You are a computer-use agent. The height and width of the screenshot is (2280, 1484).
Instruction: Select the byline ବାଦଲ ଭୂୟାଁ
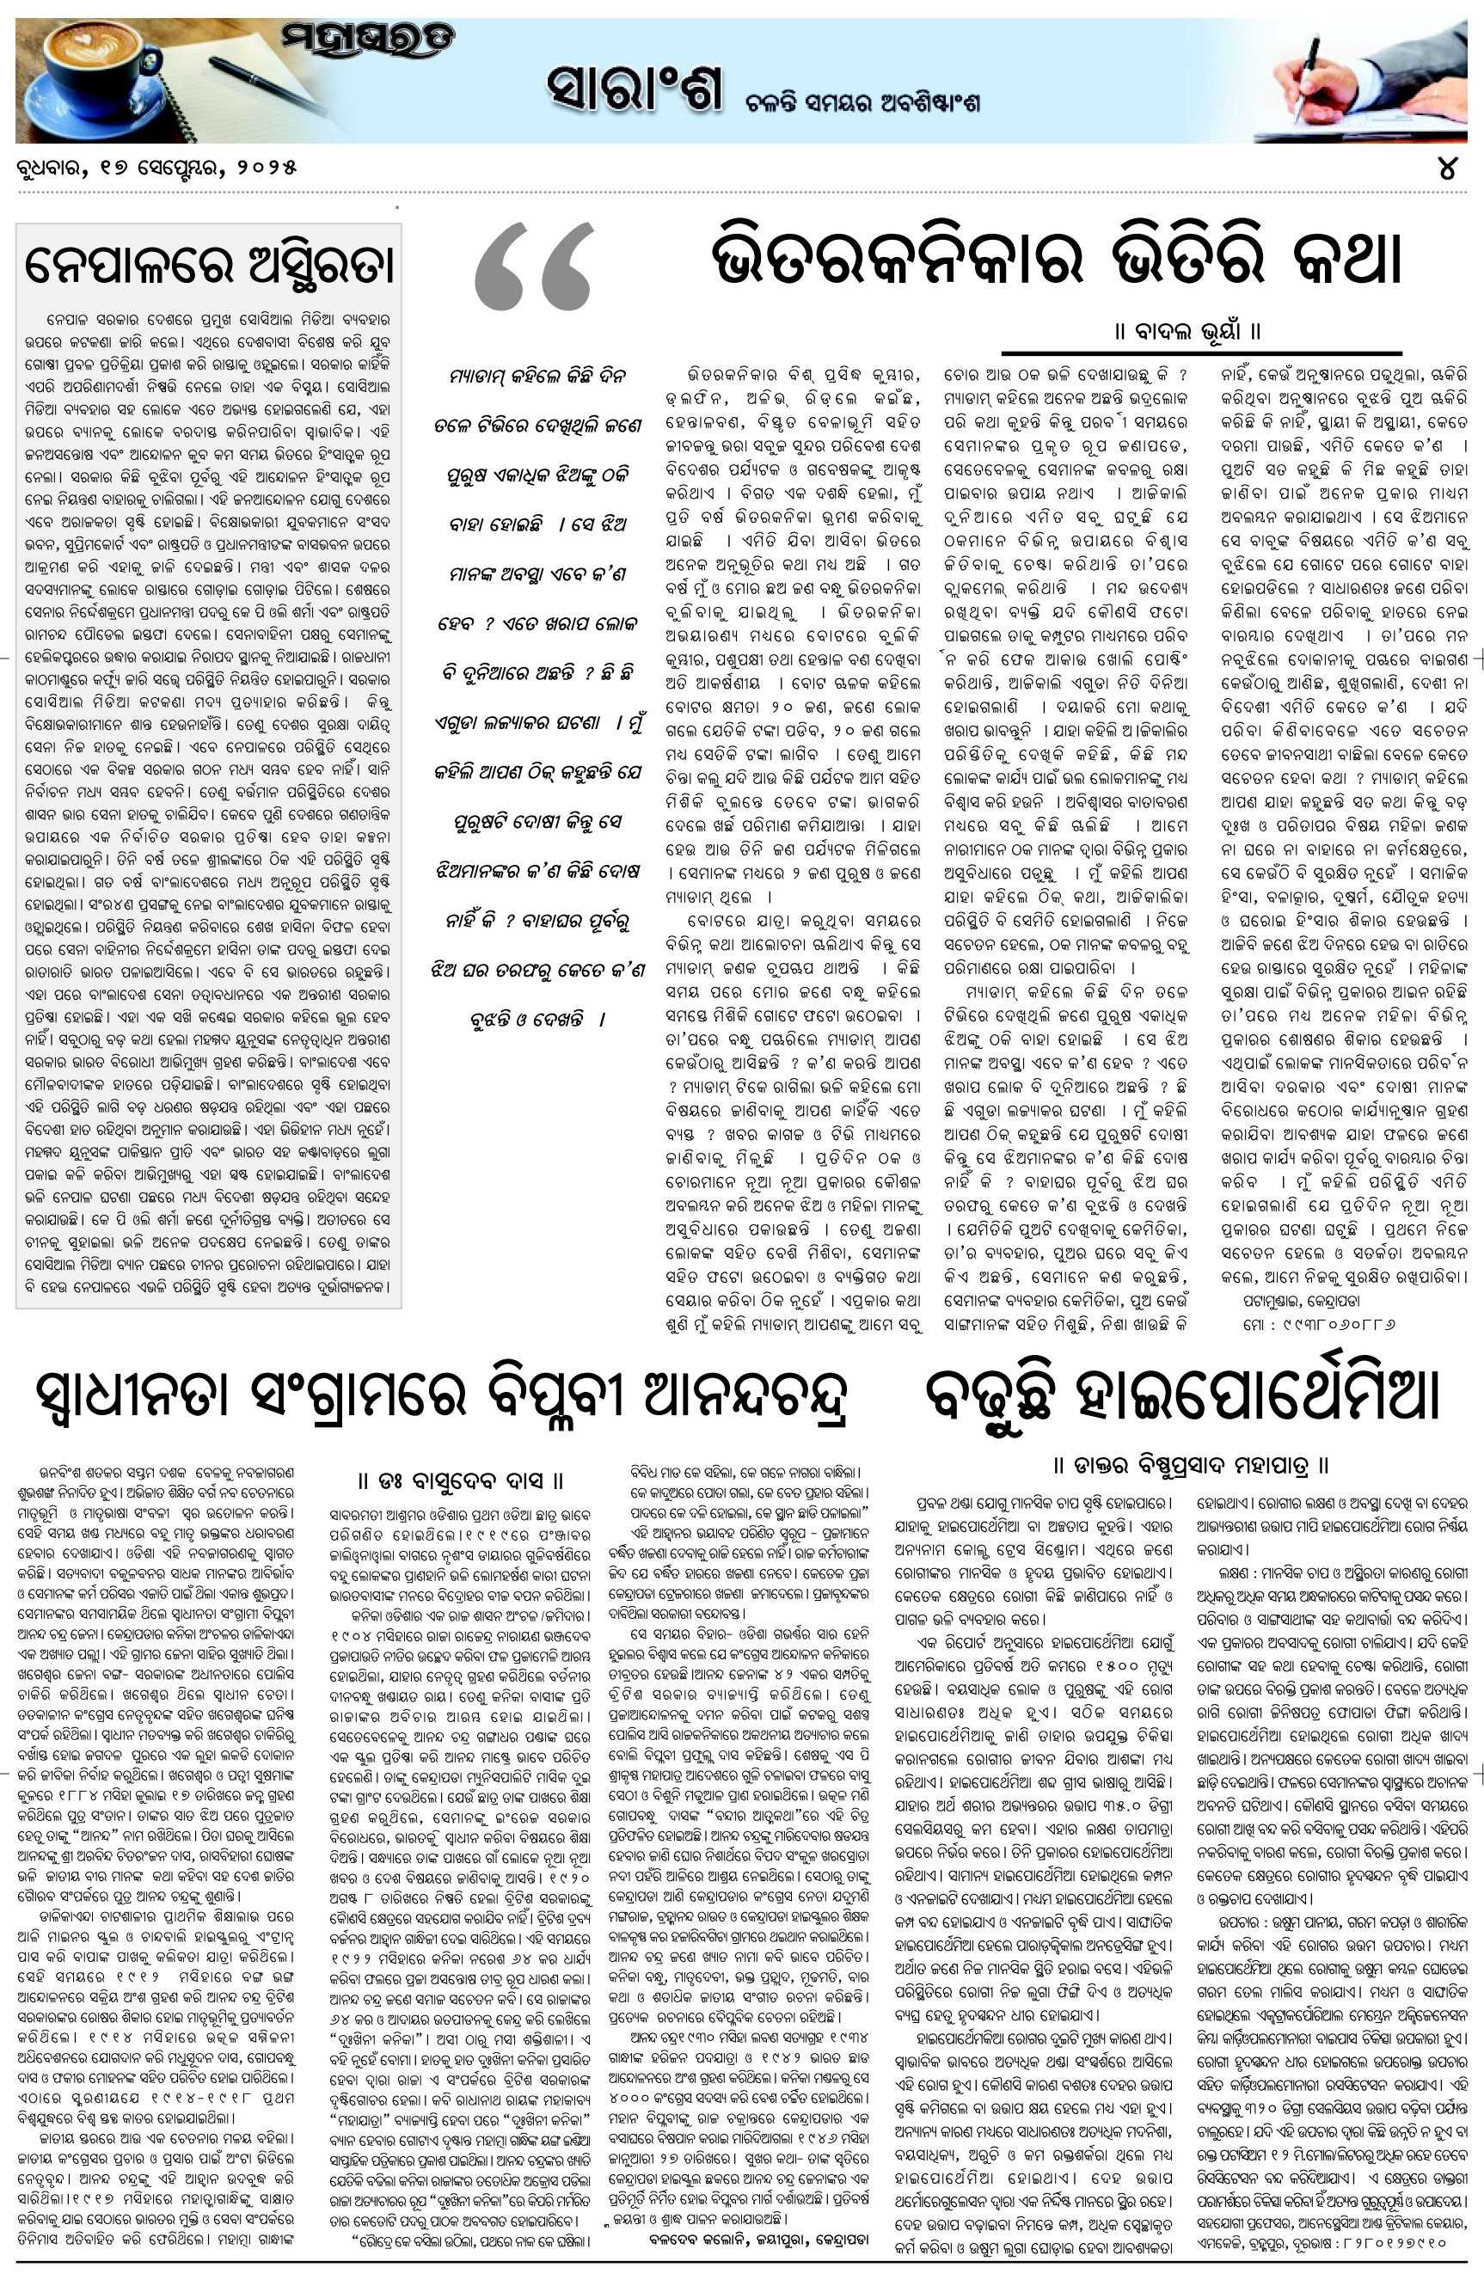click(1187, 333)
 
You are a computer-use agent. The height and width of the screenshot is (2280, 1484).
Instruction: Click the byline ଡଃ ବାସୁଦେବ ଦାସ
click(460, 1481)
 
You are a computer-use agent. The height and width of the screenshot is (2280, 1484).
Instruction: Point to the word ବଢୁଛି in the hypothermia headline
click(991, 1398)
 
